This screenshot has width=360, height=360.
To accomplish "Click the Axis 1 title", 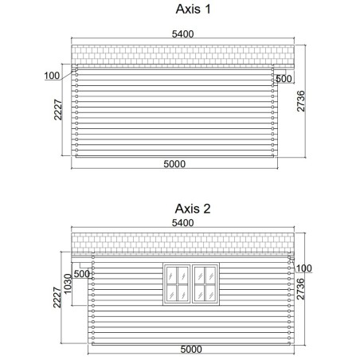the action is [x=193, y=10].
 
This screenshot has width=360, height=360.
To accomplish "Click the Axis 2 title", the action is [x=193, y=209].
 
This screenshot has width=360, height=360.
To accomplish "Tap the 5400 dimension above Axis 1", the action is [x=183, y=34].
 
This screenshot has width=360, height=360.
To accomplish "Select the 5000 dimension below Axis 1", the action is [x=174, y=164].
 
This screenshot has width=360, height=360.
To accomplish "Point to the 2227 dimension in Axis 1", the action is [x=58, y=110].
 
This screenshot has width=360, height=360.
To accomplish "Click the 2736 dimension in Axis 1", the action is [x=301, y=101].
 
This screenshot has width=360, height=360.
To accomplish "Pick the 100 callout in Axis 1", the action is [x=52, y=76].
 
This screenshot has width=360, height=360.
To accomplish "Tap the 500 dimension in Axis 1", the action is [x=284, y=79].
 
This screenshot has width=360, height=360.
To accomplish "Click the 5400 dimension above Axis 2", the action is [x=183, y=223].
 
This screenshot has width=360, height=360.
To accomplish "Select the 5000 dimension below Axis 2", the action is [x=191, y=350].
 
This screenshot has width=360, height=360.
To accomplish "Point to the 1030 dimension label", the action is [x=68, y=284].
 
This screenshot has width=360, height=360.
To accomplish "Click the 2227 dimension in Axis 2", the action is [x=57, y=297].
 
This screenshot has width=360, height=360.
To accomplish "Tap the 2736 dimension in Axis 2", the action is [x=300, y=289].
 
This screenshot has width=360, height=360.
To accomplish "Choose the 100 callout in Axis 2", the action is [x=304, y=268].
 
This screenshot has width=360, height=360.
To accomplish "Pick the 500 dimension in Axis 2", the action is [x=82, y=274].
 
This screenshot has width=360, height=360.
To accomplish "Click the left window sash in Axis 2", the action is [x=177, y=284].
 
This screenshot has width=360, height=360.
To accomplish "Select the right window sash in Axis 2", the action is [x=205, y=284].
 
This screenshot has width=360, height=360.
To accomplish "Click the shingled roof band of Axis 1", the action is [x=182, y=55].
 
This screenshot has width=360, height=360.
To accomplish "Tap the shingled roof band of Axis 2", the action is [x=182, y=242].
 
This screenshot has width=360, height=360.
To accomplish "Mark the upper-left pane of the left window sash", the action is [x=171, y=276].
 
